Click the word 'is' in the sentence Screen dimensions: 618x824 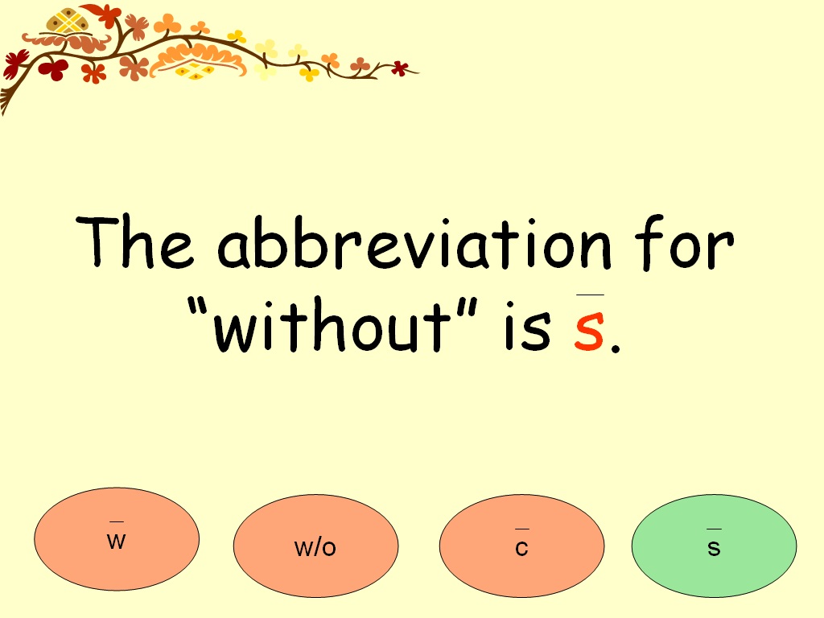[x=527, y=328]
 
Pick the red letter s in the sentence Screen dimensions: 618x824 [x=588, y=332]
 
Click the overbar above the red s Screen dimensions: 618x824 [x=590, y=296]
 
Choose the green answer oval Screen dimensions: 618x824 [x=714, y=546]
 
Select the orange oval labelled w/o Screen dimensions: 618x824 [x=315, y=546]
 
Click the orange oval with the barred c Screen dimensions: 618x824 [x=521, y=546]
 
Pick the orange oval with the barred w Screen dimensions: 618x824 [x=117, y=539]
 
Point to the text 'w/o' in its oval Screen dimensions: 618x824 [x=315, y=548]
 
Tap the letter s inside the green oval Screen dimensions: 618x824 [x=714, y=549]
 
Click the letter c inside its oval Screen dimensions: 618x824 [x=521, y=549]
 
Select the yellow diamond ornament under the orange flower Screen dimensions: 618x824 [x=194, y=72]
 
